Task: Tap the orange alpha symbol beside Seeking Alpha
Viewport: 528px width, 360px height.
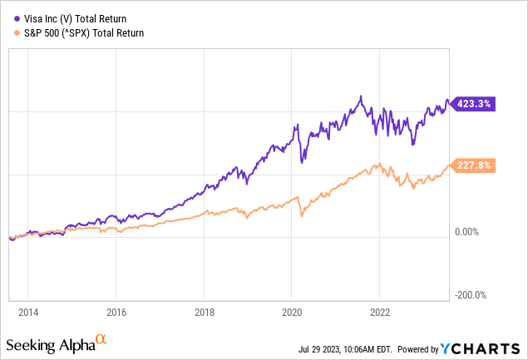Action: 101,339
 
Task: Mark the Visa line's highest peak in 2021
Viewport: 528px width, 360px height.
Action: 361,96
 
